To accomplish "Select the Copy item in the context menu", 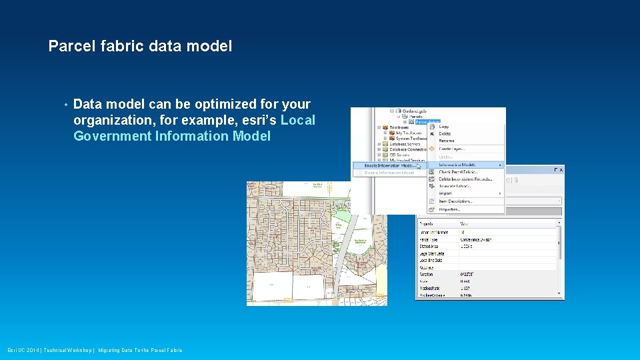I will pyautogui.click(x=444, y=127).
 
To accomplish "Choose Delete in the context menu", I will pyautogui.click(x=445, y=134).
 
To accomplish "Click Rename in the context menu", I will pyautogui.click(x=446, y=141).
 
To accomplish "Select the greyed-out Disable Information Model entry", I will pyautogui.click(x=389, y=173).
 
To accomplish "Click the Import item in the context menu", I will pyautogui.click(x=445, y=193).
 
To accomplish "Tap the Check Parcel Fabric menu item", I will pyautogui.click(x=458, y=172).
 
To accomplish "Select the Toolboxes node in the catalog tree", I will pyautogui.click(x=399, y=127).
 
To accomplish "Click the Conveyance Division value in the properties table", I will pyautogui.click(x=476, y=239).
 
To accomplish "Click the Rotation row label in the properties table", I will pyautogui.click(x=426, y=274).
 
